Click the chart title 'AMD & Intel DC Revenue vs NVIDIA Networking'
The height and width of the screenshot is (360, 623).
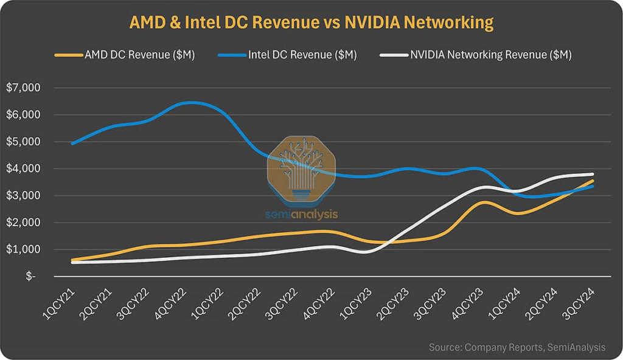(x=311, y=22)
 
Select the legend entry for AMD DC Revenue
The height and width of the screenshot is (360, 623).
(x=125, y=55)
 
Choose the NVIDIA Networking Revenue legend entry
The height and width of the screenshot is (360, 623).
(x=476, y=55)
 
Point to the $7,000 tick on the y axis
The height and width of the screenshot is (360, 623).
(x=23, y=88)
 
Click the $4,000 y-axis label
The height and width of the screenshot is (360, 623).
(x=23, y=168)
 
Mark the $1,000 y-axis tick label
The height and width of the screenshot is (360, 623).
(x=23, y=249)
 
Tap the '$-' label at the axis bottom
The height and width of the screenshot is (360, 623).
(x=30, y=277)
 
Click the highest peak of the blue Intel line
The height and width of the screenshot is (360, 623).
(x=191, y=102)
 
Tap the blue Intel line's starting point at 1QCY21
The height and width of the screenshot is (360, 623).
(x=72, y=144)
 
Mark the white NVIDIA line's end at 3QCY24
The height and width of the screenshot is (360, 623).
(x=593, y=175)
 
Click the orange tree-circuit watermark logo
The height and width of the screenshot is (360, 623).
(x=302, y=170)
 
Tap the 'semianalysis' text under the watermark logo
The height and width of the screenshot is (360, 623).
(x=302, y=214)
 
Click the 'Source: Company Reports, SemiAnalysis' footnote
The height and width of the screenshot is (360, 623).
(x=517, y=347)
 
